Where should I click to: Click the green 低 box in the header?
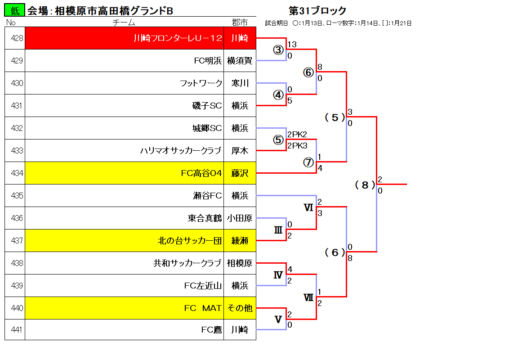[x=14, y=10]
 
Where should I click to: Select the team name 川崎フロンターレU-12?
[x=178, y=38]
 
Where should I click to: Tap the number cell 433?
[x=15, y=151]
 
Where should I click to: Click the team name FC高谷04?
[x=201, y=173]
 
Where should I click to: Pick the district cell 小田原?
[x=240, y=218]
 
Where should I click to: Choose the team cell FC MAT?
[x=124, y=308]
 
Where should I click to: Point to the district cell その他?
[x=240, y=308]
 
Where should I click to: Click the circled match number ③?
[x=278, y=50]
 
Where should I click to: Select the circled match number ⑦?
[x=308, y=162]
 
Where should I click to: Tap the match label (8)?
[x=365, y=185]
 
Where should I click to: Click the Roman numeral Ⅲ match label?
[x=278, y=230]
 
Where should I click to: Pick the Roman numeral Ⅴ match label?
[x=278, y=319]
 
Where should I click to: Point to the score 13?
[x=292, y=44]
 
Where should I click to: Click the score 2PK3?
[x=297, y=146]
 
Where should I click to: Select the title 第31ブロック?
[x=317, y=11]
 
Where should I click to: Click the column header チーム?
[x=124, y=22]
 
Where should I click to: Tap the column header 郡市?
[x=240, y=22]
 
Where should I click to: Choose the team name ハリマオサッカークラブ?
[x=181, y=151]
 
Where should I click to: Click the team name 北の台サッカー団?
[x=190, y=241]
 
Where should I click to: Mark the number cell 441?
[x=15, y=329]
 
